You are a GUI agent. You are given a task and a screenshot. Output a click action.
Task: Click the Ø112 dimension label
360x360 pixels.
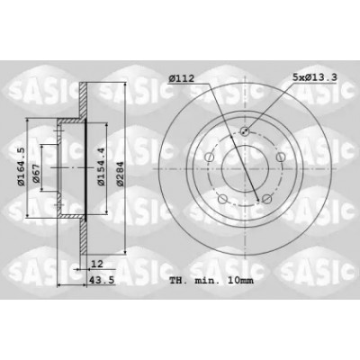182,78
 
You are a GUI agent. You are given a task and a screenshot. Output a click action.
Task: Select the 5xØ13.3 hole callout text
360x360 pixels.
315,77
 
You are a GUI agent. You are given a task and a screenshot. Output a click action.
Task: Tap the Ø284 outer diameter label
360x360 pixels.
120,174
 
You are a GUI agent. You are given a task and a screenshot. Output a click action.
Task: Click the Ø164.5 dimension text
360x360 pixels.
21,167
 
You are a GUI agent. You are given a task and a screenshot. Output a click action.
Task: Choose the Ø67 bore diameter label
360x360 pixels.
36,174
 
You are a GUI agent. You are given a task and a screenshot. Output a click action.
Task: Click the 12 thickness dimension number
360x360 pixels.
96,264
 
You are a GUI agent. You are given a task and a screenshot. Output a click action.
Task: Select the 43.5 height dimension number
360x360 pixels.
102,280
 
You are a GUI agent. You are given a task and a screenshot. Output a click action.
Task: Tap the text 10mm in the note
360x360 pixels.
240,281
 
